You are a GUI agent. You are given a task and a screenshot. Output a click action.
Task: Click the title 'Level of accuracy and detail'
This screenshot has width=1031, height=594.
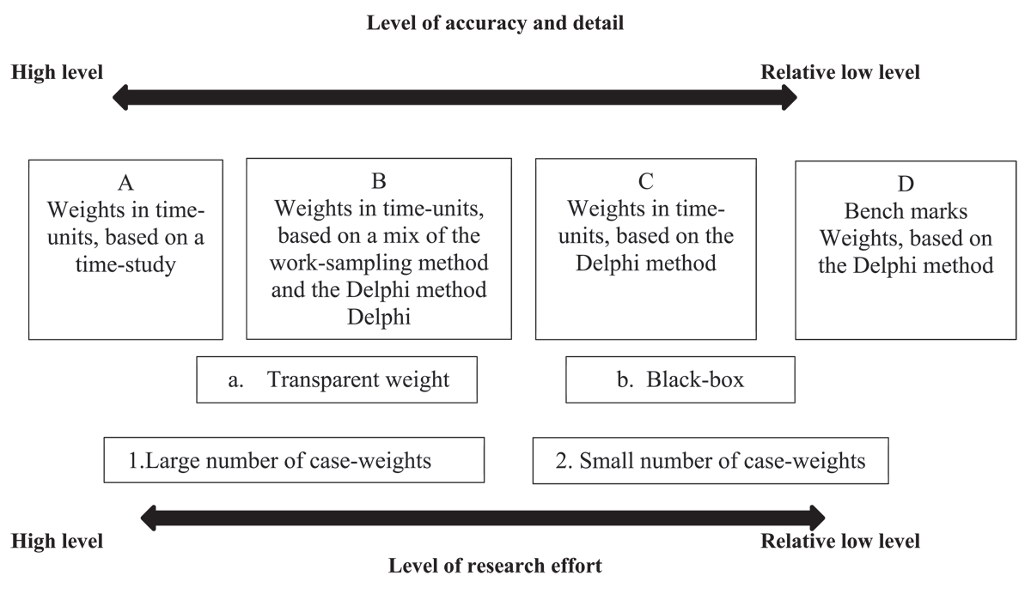pyautogui.click(x=495, y=23)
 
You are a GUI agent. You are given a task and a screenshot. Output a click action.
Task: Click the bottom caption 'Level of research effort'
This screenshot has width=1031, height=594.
pyautogui.click(x=495, y=566)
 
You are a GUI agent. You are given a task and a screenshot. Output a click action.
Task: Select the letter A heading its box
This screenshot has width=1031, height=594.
pyautogui.click(x=125, y=183)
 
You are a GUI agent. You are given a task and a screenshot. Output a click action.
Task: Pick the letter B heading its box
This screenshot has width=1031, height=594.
pyautogui.click(x=379, y=181)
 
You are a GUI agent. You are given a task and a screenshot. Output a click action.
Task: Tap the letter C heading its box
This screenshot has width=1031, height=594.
pyautogui.click(x=646, y=181)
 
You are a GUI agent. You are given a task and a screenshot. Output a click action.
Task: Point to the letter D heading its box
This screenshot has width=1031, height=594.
pyautogui.click(x=906, y=184)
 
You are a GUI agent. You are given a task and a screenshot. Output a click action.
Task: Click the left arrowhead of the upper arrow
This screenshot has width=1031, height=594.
pyautogui.click(x=119, y=98)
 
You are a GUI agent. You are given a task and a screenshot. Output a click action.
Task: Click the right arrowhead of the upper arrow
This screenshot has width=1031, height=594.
pyautogui.click(x=790, y=98)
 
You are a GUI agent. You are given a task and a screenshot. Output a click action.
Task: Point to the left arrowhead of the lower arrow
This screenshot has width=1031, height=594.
pyautogui.click(x=147, y=518)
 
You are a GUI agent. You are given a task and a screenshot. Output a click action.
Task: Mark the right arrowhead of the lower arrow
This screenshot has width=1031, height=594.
pyautogui.click(x=818, y=518)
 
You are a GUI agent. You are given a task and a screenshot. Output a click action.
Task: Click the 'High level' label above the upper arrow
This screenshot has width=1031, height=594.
pyautogui.click(x=57, y=72)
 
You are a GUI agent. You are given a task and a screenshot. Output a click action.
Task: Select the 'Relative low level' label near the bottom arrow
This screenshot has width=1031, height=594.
pyautogui.click(x=840, y=541)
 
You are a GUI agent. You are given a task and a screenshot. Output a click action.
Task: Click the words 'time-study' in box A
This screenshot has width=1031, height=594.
pyautogui.click(x=125, y=265)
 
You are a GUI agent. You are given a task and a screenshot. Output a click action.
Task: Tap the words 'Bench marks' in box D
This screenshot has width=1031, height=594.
pyautogui.click(x=906, y=211)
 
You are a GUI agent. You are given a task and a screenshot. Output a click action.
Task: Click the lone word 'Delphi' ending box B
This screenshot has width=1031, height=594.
pyautogui.click(x=379, y=317)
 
